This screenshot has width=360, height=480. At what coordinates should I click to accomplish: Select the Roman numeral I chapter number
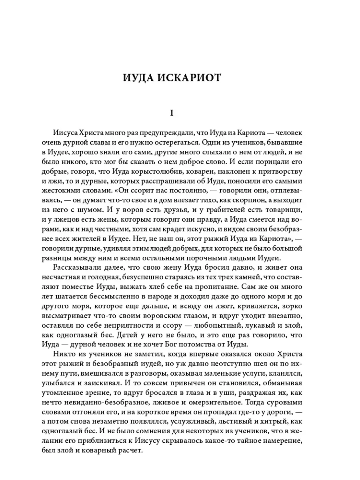coord(172,114)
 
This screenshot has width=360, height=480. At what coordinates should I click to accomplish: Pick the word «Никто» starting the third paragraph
coord(62,354)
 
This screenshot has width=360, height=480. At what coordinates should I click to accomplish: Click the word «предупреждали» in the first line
coord(173,133)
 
